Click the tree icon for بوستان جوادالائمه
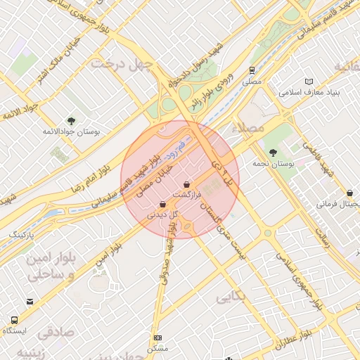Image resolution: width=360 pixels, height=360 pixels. point(70,120)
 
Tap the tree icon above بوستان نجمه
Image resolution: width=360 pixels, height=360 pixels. point(273,152)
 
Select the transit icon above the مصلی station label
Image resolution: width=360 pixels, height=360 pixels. point(251,70)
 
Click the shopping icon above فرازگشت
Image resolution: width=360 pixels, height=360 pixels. point(186,184)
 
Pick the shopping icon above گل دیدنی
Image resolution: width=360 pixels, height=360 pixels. point(162,205)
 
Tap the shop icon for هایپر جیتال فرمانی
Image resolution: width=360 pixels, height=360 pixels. point(349,193)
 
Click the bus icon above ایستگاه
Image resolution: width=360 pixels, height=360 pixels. point(29,301)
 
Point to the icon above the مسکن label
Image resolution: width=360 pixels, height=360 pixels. point(157,338)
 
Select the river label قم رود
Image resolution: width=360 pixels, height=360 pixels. point(175,148)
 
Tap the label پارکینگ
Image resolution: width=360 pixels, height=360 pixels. point(22,233)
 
